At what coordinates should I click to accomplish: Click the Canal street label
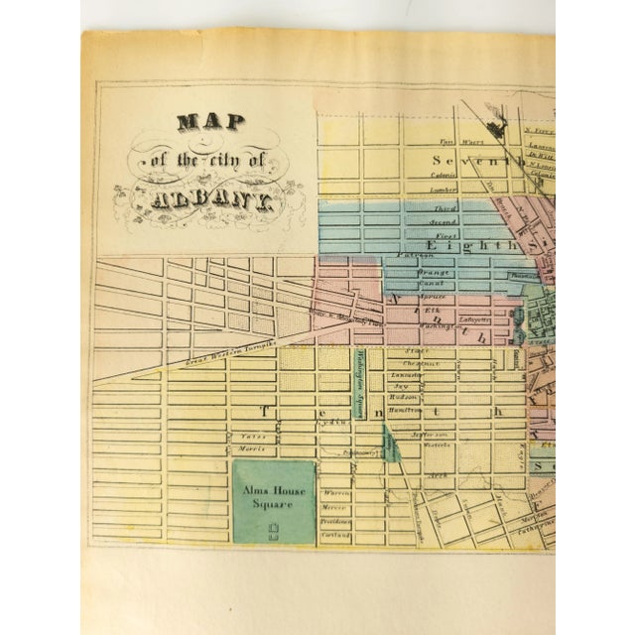tap(434, 283)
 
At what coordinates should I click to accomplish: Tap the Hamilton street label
tap(428, 407)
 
